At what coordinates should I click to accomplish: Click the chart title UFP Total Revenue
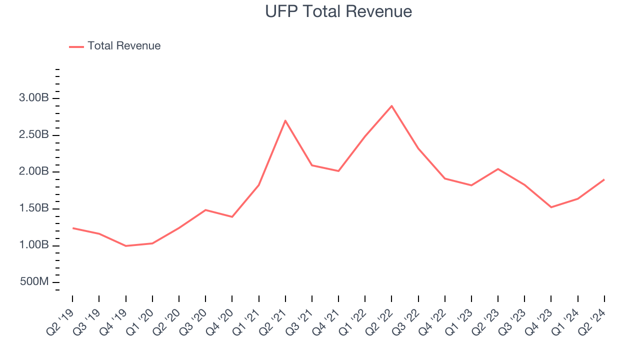tap(338, 11)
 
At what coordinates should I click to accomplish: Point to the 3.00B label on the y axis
tap(34, 98)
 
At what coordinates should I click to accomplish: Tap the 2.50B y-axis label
tap(34, 135)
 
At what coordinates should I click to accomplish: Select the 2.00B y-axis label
tap(34, 171)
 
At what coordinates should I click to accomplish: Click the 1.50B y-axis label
tap(34, 208)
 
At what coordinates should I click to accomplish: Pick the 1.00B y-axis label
tap(34, 245)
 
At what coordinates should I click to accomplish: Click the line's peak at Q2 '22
tap(391, 106)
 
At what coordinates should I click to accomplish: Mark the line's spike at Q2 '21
tap(285, 120)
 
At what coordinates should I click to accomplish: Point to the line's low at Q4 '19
tap(125, 246)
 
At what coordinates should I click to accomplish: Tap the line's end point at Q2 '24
tap(604, 179)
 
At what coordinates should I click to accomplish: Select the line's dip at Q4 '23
tap(551, 207)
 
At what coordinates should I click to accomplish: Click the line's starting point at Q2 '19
tap(72, 228)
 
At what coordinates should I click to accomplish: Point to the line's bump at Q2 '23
tap(498, 169)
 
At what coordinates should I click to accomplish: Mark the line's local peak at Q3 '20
tap(205, 210)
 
